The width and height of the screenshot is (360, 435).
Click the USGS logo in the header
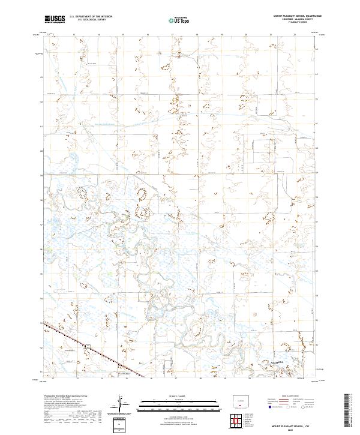pos(55,20)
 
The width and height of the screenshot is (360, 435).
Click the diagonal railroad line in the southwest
pos(84,345)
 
